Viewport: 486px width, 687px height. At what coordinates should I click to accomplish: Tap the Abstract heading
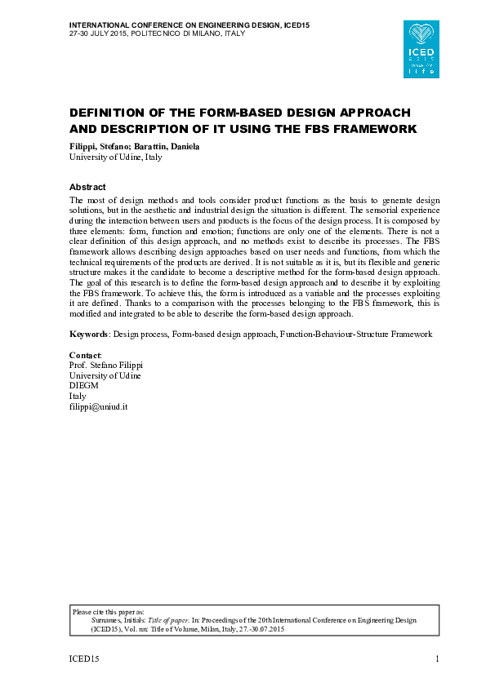pyautogui.click(x=87, y=187)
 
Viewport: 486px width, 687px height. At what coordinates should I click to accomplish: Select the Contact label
pyautogui.click(x=85, y=357)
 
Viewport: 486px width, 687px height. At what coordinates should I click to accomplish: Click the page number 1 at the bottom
pyautogui.click(x=438, y=658)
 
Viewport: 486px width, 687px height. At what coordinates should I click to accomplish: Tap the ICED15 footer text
pyautogui.click(x=83, y=658)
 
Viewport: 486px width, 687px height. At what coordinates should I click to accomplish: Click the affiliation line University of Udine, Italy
pyautogui.click(x=115, y=157)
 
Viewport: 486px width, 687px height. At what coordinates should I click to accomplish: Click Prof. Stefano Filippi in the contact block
pyautogui.click(x=105, y=366)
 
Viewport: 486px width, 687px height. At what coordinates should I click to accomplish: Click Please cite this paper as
pyautogui.click(x=109, y=611)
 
